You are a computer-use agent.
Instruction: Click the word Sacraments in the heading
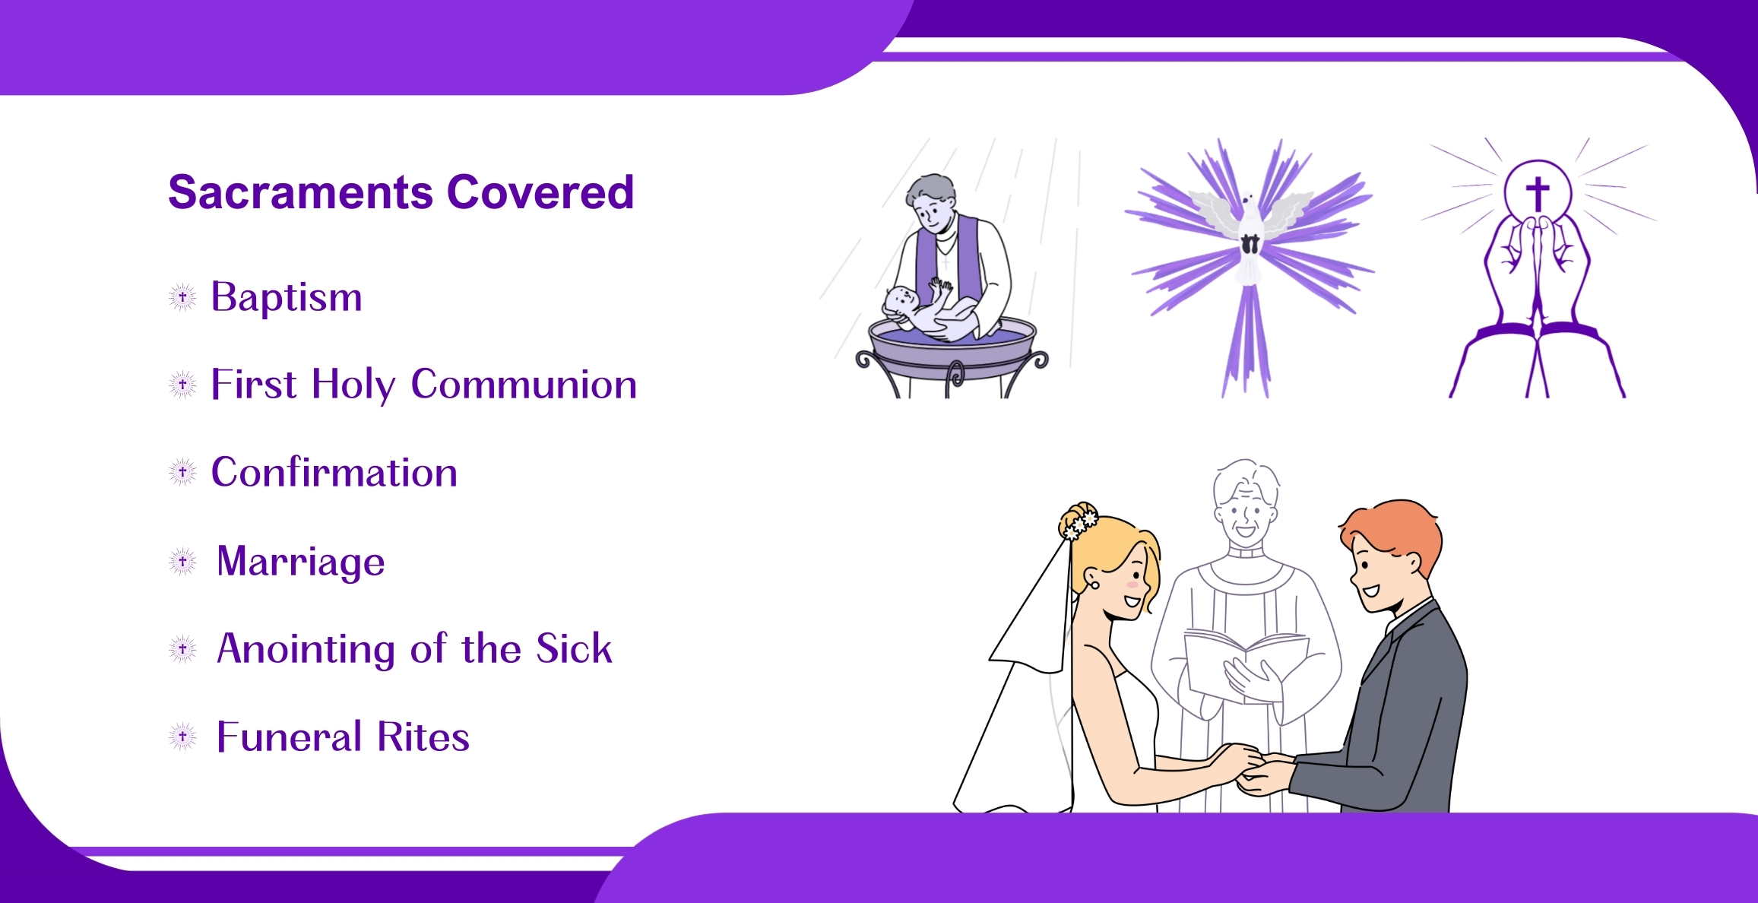click(302, 192)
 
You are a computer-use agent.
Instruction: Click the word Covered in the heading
click(540, 192)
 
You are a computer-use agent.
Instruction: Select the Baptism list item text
click(287, 297)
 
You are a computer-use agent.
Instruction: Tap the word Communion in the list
click(524, 384)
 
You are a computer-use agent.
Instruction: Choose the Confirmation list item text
click(334, 472)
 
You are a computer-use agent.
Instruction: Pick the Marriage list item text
click(301, 562)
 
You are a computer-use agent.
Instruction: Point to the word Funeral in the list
click(290, 737)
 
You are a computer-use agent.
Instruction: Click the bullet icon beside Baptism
click(182, 297)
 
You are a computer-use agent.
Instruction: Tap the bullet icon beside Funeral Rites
click(182, 737)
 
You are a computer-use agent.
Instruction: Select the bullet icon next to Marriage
click(182, 562)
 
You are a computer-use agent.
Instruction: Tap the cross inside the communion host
click(1538, 194)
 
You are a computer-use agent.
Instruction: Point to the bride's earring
click(1094, 584)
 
